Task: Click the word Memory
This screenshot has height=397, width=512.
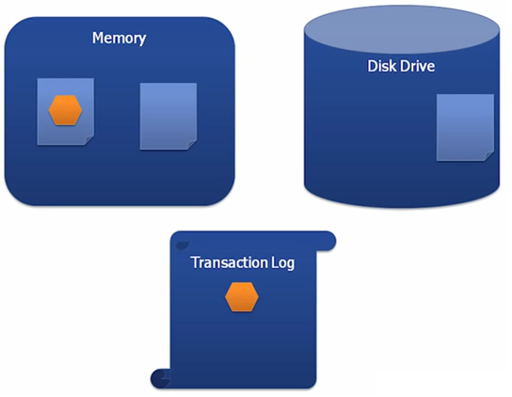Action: point(119,39)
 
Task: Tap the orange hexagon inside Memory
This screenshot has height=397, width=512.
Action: point(65,110)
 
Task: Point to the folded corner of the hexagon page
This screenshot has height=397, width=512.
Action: point(88,141)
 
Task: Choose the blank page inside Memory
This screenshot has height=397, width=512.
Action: point(168,115)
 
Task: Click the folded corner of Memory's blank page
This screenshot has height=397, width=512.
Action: point(191,145)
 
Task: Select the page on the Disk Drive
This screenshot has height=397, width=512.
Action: point(464,126)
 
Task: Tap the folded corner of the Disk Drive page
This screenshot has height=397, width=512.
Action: point(488,154)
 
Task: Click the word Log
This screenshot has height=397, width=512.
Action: point(282,262)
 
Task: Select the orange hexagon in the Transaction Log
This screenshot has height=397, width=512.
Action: point(242,297)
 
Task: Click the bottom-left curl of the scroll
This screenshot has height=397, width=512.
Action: point(161,377)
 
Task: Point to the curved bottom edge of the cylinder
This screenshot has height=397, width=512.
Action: point(400,204)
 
